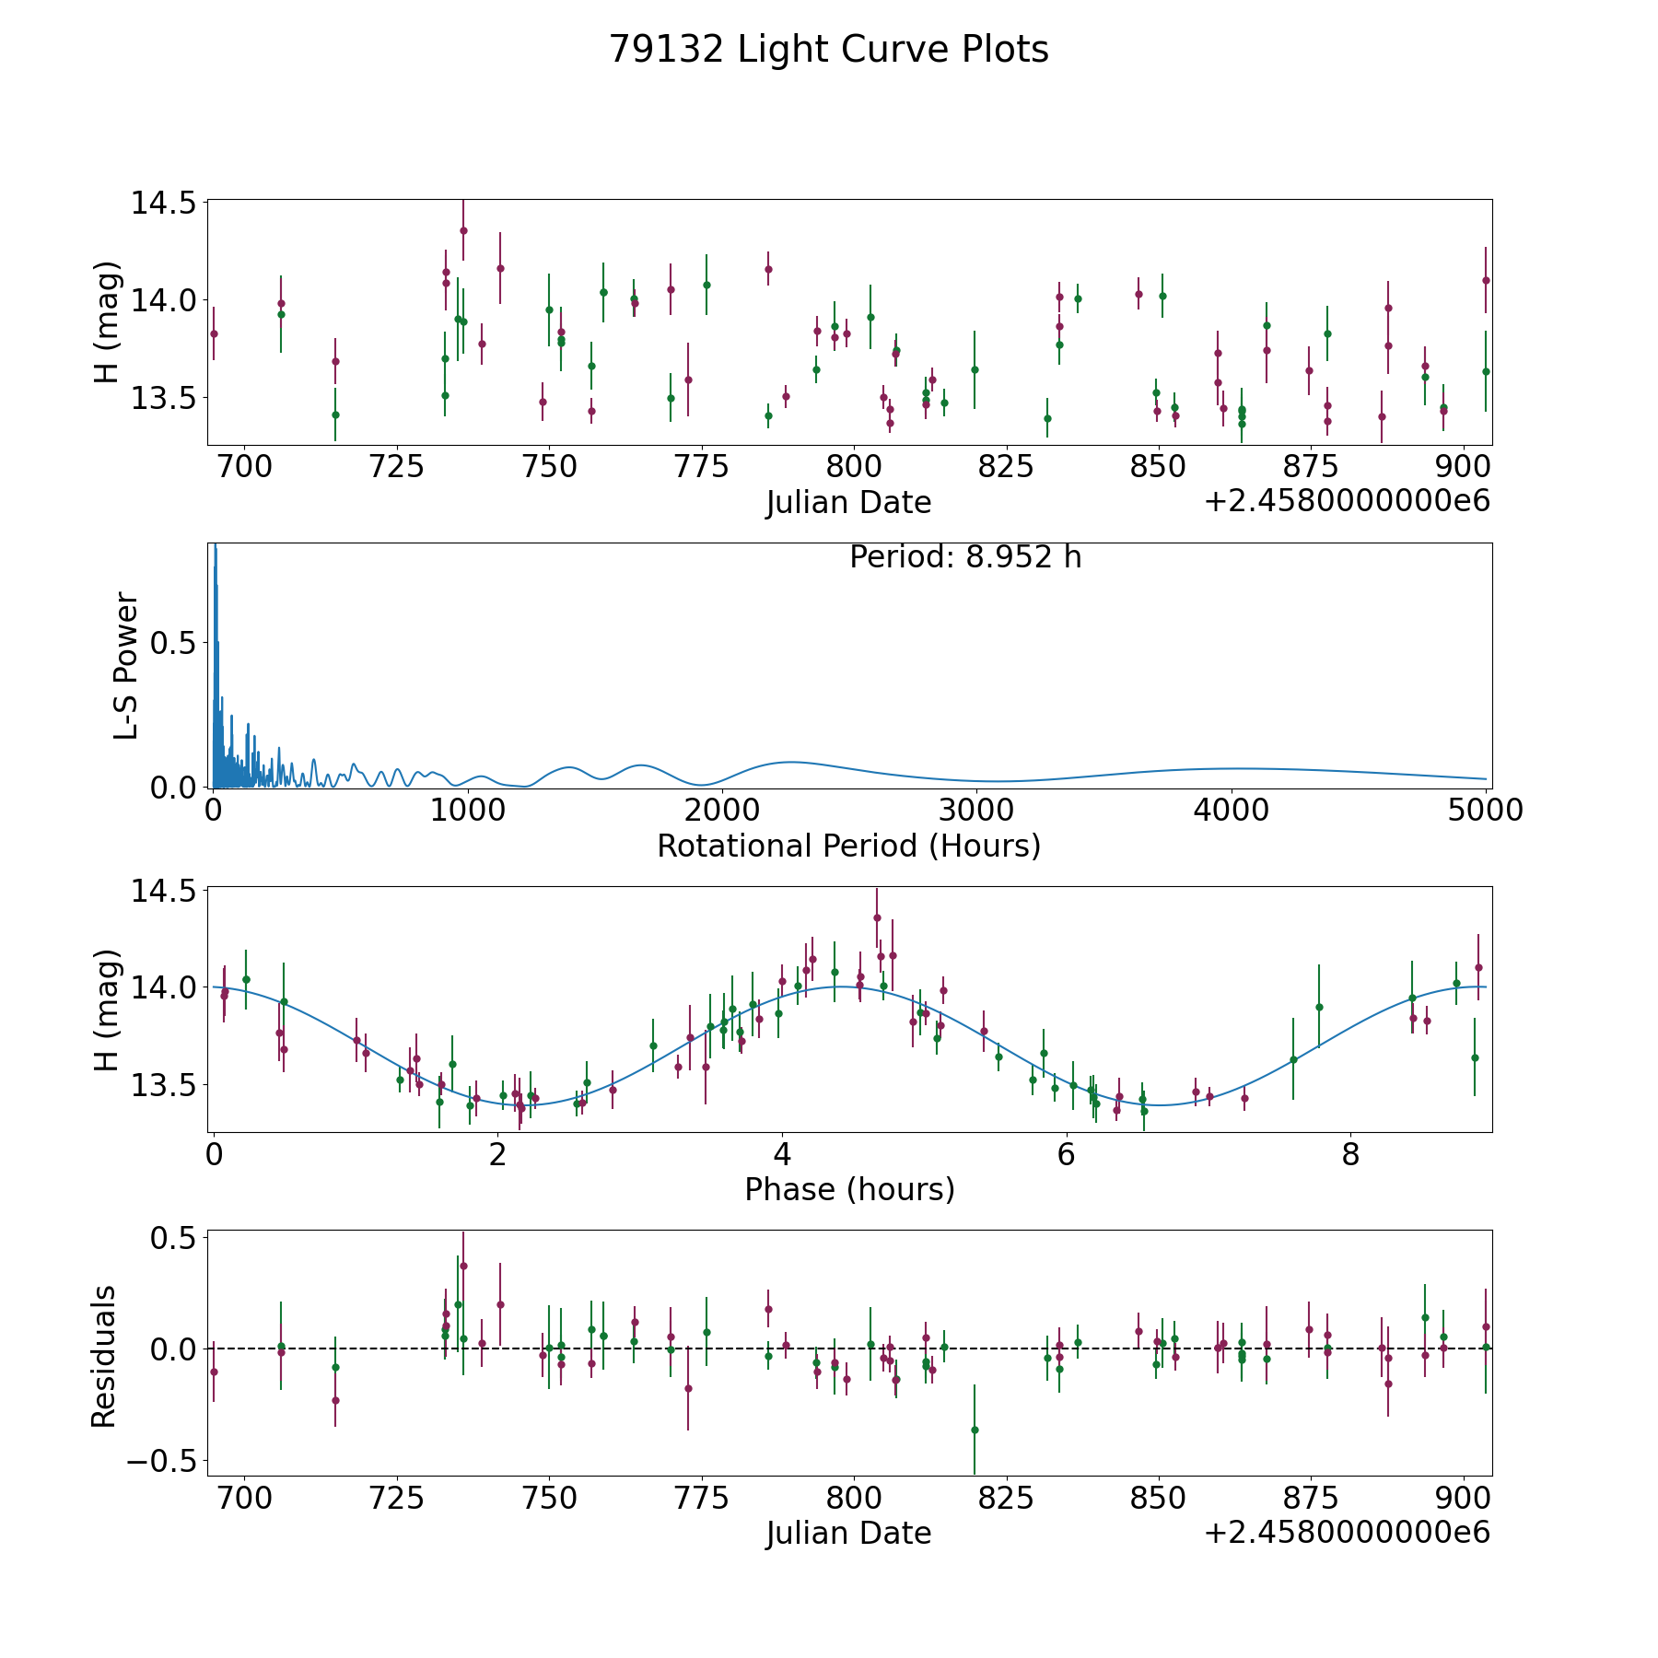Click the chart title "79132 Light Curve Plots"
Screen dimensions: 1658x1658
[x=828, y=50]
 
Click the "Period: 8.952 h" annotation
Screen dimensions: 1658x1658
[x=964, y=557]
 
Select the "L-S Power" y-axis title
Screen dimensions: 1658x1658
[x=126, y=665]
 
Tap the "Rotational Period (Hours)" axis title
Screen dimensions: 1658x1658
[x=848, y=846]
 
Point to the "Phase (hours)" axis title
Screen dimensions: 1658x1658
[x=848, y=1189]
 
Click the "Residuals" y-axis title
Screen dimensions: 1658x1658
[x=103, y=1355]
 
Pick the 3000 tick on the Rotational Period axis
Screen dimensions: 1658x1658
[x=976, y=811]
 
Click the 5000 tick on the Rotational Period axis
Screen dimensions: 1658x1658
[x=1486, y=811]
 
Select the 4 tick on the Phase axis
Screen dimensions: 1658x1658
[x=782, y=1155]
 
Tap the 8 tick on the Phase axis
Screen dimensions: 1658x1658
[x=1350, y=1155]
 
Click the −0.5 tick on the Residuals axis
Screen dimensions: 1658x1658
[x=160, y=1461]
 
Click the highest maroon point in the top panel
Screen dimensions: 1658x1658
[x=463, y=230]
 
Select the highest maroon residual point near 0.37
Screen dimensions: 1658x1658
[x=463, y=1266]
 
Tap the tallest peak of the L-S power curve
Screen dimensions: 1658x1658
[x=215, y=546]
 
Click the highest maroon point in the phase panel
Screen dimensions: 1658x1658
[x=877, y=917]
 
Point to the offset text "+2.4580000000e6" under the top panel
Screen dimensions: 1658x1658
[x=1347, y=501]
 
